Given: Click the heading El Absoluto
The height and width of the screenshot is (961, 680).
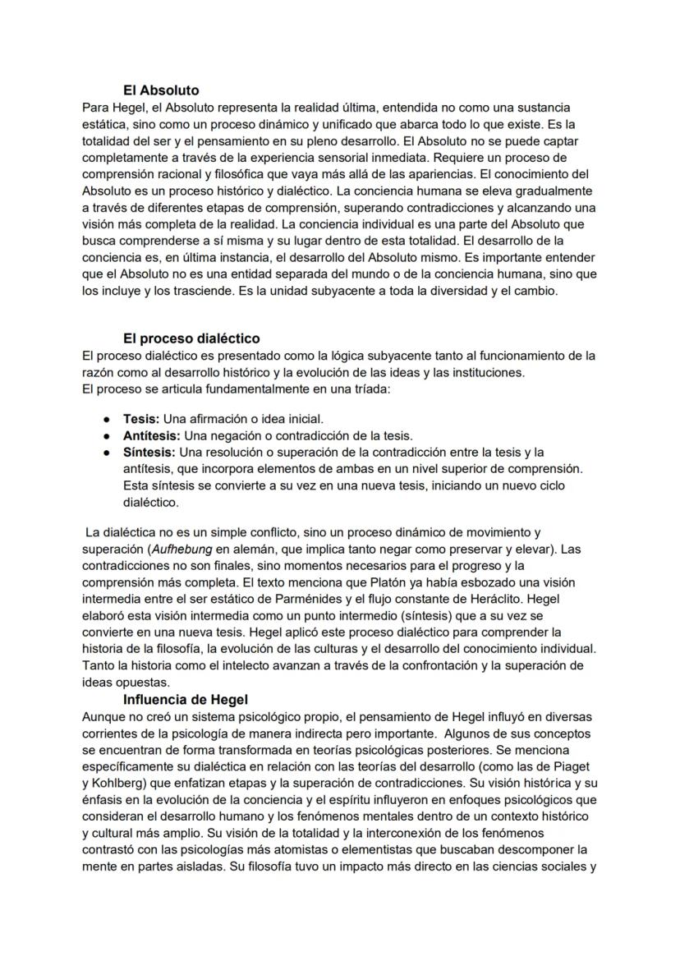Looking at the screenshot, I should coord(161,90).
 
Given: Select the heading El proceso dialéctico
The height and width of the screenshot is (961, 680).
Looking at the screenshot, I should coord(191,338).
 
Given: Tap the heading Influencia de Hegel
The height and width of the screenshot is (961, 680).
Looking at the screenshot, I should coord(186,700).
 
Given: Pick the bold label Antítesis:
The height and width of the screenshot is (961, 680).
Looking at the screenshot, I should coord(152,435).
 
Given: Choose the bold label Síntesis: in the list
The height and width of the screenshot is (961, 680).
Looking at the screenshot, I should coord(149,452).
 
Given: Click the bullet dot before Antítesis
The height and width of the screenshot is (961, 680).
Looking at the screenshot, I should coord(107,436).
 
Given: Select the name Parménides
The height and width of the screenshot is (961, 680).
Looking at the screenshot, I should coord(329,599).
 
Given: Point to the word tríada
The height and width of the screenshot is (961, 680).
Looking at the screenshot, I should coord(370,389).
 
